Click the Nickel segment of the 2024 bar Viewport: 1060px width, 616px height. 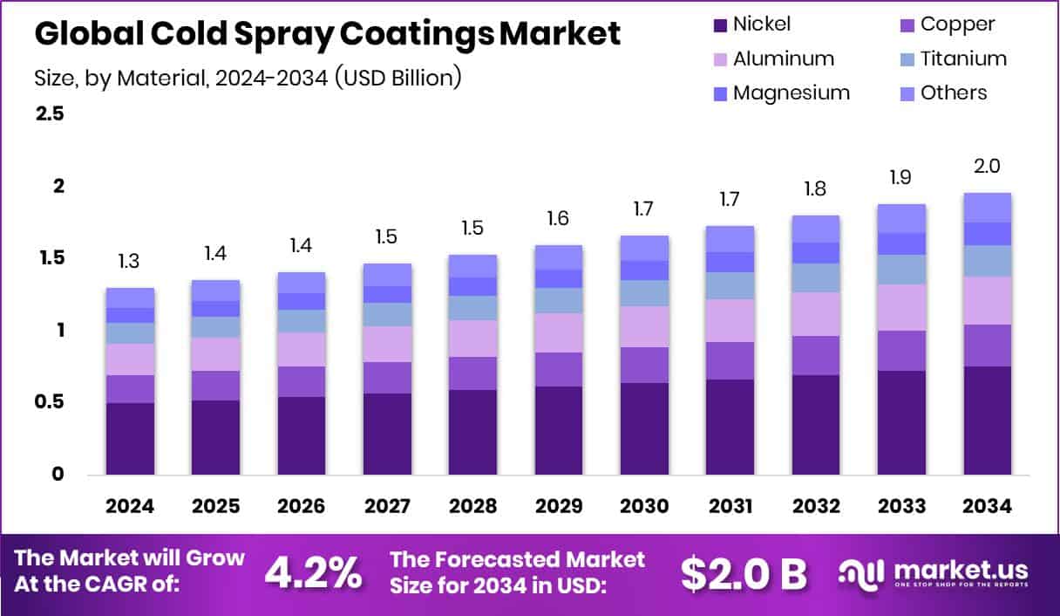[130, 438]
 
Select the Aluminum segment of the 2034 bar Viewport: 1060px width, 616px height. [987, 300]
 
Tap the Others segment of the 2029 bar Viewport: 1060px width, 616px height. [558, 257]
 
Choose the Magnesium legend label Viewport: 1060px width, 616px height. [791, 92]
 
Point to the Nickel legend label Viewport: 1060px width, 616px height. [762, 24]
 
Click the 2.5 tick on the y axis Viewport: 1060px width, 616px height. [49, 114]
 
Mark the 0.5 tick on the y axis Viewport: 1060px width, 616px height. [49, 402]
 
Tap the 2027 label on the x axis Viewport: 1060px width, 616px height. [387, 507]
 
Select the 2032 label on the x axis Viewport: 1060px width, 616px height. [815, 507]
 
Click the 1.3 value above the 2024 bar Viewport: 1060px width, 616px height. [130, 261]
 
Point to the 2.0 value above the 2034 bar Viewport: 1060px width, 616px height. [987, 166]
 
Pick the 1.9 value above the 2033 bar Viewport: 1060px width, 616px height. [901, 177]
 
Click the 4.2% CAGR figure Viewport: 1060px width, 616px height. [313, 572]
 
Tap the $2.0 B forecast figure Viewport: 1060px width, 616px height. [744, 572]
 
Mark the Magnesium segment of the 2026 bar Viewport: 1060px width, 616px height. [302, 301]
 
